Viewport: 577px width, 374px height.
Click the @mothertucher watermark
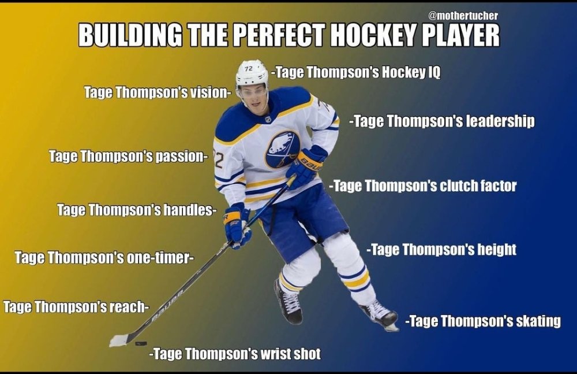coord(463,16)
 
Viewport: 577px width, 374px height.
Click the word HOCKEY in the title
coord(372,35)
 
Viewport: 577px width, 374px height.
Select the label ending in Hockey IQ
coord(356,72)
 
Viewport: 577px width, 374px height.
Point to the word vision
coord(208,92)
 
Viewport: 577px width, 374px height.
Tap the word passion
coord(180,157)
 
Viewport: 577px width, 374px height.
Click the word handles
coord(188,210)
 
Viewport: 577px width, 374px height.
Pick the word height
coord(497,250)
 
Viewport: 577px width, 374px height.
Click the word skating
coord(538,321)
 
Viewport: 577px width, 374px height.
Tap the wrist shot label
coord(235,354)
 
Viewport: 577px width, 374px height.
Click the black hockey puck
coord(141,343)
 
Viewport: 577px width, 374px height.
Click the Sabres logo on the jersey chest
coord(283,149)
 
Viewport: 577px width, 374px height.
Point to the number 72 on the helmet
coord(249,69)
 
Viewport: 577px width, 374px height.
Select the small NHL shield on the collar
coord(268,119)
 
